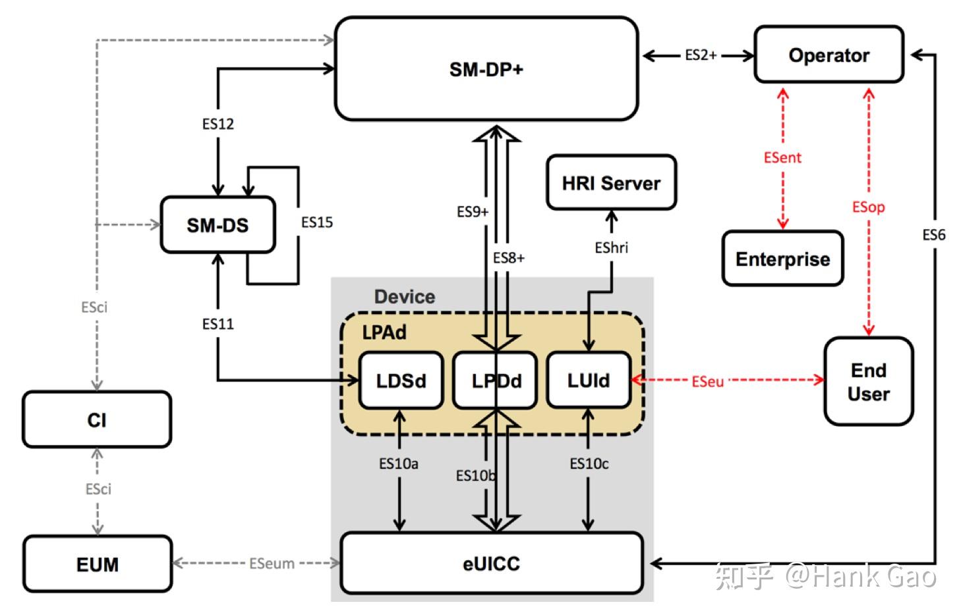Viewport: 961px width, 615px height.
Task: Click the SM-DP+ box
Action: tap(486, 69)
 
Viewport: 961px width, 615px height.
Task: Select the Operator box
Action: tap(829, 55)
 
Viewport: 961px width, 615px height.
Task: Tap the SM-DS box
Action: tap(218, 225)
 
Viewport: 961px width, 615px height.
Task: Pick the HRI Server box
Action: tap(612, 182)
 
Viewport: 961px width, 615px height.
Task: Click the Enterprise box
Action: tap(783, 258)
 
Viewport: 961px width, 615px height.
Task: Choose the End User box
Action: tap(869, 381)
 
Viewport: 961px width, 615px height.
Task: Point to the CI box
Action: tap(97, 419)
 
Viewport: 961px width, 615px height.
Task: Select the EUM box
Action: tap(98, 564)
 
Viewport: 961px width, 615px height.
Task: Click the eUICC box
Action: tap(492, 563)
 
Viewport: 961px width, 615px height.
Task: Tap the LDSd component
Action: tap(401, 381)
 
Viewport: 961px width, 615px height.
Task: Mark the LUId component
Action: tap(589, 380)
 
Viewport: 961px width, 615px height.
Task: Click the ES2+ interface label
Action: tap(701, 55)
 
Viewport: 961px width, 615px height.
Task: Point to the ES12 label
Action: tap(218, 124)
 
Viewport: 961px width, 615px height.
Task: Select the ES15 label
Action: tap(316, 223)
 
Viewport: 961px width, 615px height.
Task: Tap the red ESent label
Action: tap(782, 158)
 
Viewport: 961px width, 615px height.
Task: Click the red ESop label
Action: tap(868, 207)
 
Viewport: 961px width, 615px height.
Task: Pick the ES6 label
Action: tap(934, 235)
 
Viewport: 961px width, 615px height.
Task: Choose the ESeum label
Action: tap(272, 564)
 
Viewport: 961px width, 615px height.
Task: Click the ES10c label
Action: tap(589, 464)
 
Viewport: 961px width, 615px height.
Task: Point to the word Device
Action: tap(405, 296)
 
